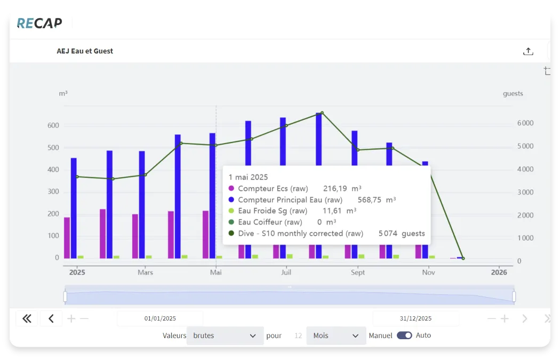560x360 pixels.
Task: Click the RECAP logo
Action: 39,23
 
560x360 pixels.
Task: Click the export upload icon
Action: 528,51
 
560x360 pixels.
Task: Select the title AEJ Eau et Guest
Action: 85,51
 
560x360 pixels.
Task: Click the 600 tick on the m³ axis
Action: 53,126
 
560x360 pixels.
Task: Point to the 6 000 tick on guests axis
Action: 525,123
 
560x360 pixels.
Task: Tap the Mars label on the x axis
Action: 145,273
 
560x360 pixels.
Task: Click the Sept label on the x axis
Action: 358,273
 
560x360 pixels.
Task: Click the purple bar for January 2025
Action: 67,237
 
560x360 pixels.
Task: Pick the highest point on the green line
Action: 322,113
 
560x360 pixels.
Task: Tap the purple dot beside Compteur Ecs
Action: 231,188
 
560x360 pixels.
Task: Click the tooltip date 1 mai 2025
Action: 248,177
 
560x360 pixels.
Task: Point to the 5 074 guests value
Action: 402,234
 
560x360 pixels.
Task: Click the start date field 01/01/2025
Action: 160,318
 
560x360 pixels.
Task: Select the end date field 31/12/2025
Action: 415,318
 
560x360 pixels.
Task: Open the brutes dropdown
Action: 225,336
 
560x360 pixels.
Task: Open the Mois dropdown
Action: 336,336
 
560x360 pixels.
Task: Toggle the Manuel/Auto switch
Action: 404,335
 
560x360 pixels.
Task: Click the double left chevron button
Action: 27,319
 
